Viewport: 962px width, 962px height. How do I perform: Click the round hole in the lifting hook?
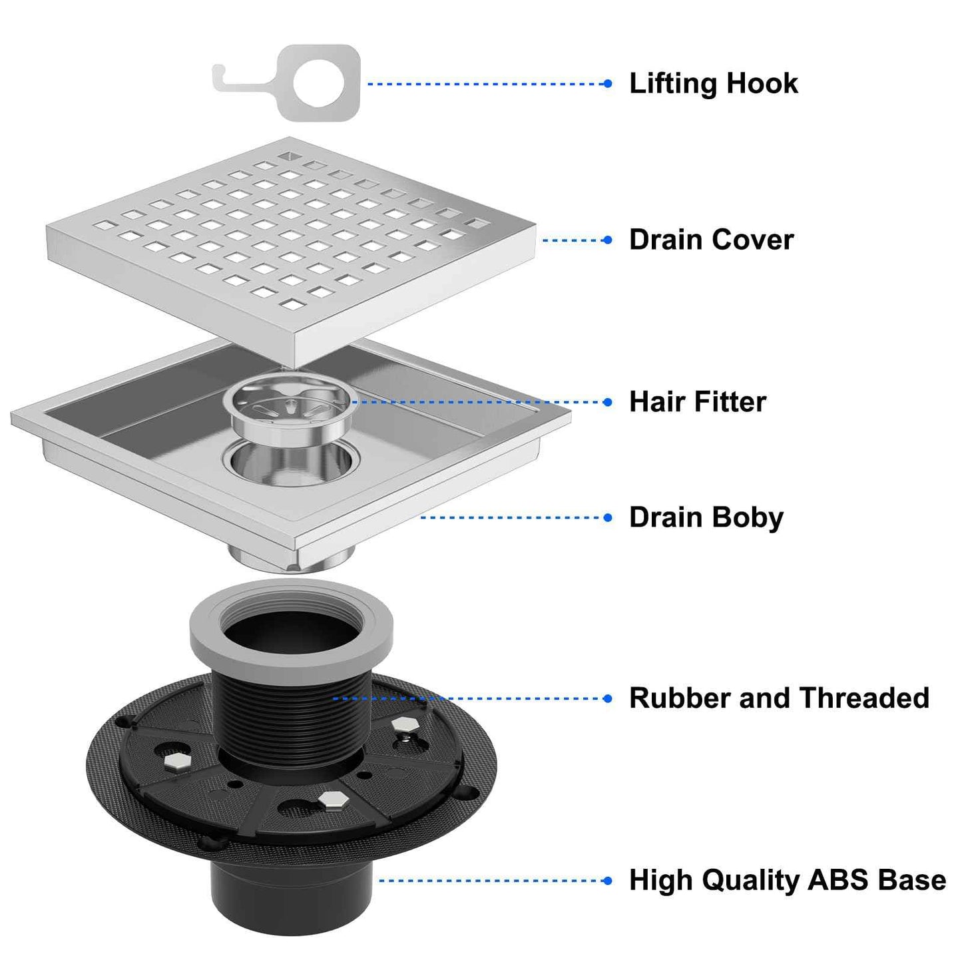319,83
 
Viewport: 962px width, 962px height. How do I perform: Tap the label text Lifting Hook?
713,84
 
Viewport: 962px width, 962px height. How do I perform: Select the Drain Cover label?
711,240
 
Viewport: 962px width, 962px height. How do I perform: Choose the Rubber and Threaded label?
779,698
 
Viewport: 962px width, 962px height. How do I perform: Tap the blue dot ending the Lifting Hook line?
607,84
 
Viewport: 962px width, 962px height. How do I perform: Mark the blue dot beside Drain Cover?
607,240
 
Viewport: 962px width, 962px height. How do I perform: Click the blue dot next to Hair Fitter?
607,402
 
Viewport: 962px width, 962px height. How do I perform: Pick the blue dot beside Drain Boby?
607,517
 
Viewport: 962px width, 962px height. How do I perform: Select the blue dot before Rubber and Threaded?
607,698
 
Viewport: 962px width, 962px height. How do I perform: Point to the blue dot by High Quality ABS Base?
607,881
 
